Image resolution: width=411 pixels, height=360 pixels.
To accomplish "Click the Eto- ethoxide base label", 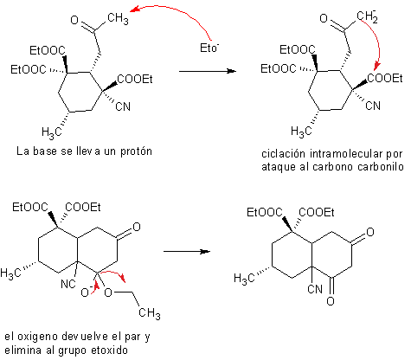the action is [x=209, y=48].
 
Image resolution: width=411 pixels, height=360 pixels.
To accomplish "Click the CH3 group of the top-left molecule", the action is [x=118, y=19].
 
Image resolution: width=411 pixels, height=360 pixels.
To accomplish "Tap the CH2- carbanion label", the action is [x=367, y=16].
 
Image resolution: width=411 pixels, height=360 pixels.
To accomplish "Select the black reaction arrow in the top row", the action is [x=208, y=71].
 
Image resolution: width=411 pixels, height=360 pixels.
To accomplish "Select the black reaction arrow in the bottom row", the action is [x=187, y=252].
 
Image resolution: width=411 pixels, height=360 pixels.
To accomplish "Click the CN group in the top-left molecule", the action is [x=123, y=106].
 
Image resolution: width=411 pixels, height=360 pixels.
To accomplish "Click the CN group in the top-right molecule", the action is [x=373, y=106].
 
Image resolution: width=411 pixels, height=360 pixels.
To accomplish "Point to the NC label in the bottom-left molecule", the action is [x=68, y=284].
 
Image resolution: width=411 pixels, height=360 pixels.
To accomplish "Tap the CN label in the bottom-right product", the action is [x=315, y=289].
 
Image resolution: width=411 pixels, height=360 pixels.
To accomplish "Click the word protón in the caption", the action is [x=136, y=151].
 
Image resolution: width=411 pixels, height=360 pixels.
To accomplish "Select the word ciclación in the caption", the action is [x=283, y=154].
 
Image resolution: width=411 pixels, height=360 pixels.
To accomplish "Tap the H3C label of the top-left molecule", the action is [x=52, y=132].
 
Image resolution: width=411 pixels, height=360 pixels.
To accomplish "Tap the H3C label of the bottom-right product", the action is [x=244, y=279].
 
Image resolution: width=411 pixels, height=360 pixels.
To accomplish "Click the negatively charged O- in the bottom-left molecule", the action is [x=86, y=292].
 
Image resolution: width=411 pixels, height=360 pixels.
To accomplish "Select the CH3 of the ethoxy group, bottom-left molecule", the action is [x=150, y=313].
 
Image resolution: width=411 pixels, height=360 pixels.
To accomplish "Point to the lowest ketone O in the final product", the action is [x=331, y=301].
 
